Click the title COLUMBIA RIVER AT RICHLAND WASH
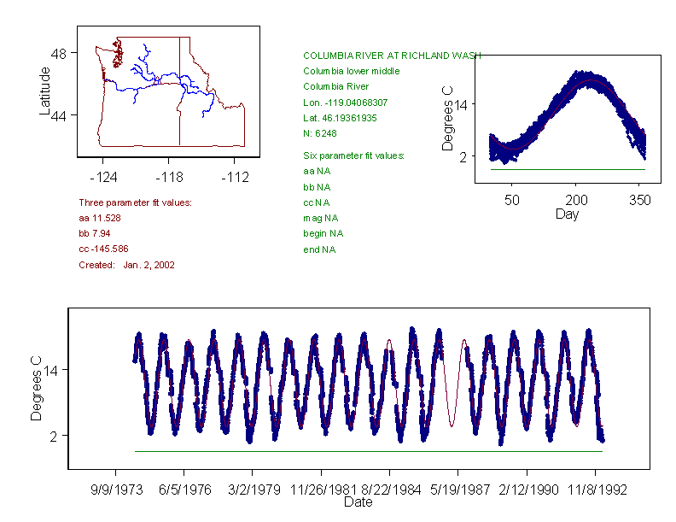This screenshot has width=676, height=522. click(392, 55)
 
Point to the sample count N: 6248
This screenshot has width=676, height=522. click(320, 133)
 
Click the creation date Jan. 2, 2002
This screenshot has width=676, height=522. click(149, 265)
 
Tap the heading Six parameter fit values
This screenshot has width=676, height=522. click(353, 155)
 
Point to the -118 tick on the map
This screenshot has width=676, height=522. click(168, 178)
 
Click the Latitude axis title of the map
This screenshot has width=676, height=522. click(45, 91)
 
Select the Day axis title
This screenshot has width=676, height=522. click(567, 214)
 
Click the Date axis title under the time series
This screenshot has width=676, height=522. click(358, 502)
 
